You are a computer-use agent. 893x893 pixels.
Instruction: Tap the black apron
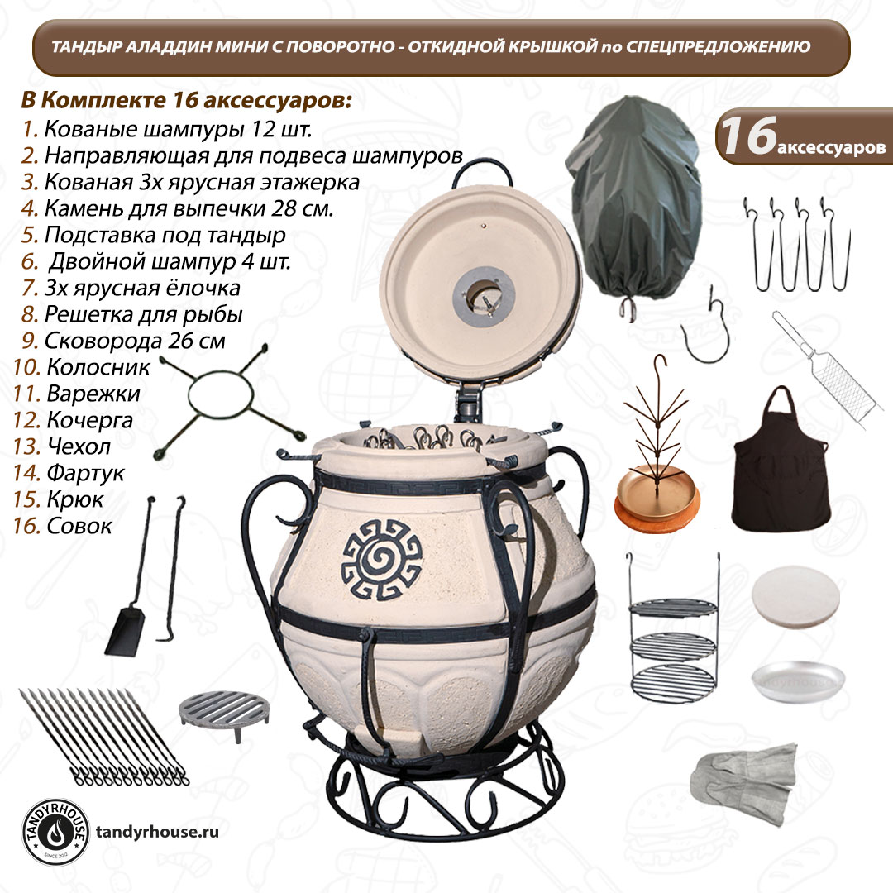click(780, 461)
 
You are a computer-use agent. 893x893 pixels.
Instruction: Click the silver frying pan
click(797, 681)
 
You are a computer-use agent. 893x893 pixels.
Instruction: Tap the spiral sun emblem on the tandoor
click(381, 559)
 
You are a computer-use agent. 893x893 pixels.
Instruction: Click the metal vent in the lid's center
click(484, 297)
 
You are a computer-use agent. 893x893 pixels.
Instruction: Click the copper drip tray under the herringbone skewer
click(657, 495)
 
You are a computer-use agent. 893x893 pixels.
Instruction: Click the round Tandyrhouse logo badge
click(55, 833)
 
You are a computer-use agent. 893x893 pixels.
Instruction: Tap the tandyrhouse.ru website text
click(157, 832)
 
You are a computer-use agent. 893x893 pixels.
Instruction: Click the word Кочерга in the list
click(90, 420)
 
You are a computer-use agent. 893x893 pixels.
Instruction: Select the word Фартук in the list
click(85, 473)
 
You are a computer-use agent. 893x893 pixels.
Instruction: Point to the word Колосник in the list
click(98, 367)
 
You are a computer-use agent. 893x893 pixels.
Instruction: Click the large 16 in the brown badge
click(749, 136)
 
